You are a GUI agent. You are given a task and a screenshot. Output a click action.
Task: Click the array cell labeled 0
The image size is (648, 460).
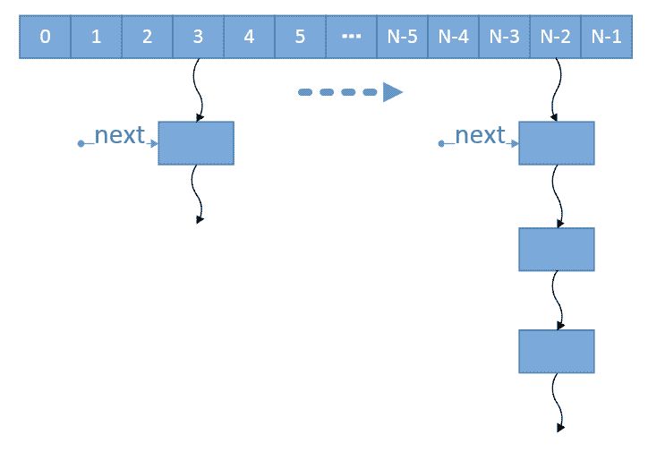point(45,38)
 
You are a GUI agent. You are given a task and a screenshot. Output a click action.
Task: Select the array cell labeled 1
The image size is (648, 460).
point(96,38)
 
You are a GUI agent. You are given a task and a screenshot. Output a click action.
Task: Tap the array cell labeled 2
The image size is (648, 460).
point(147,38)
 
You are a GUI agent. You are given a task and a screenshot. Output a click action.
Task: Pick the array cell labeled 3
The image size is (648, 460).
point(198,38)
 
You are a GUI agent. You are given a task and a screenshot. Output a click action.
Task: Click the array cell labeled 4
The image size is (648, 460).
point(249,38)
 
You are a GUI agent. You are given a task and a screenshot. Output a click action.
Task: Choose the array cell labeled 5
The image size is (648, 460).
point(300,38)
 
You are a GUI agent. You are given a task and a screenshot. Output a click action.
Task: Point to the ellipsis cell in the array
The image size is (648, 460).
point(351,38)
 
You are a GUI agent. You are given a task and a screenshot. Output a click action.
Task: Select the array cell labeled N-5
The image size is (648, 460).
point(402,38)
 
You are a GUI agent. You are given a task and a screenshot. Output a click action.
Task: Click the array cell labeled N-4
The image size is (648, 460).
point(453,38)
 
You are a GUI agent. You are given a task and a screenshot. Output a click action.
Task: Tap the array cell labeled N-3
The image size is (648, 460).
point(504,38)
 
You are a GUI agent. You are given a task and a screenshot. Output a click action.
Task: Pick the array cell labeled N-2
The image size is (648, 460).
point(555,38)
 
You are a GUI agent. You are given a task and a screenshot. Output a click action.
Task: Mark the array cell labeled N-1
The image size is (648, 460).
point(606,38)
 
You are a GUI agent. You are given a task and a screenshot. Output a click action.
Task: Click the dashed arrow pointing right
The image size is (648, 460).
point(350,92)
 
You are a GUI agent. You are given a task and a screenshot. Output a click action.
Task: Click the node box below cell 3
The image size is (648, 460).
point(196,143)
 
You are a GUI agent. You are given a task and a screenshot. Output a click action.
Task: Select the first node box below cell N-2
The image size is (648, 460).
point(556,143)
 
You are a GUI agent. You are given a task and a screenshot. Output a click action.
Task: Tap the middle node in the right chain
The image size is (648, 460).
point(556,250)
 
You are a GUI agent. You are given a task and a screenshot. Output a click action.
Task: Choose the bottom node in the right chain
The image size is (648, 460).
point(556,352)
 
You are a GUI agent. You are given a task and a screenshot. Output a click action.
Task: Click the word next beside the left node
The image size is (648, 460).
point(119,135)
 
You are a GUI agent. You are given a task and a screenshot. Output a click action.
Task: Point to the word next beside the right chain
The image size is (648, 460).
point(480,135)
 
